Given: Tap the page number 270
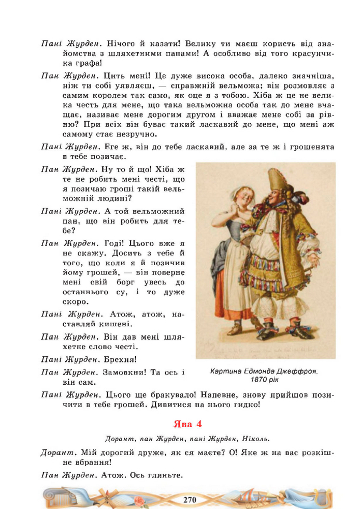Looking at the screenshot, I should click(x=189, y=500).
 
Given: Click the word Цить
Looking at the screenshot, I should click(x=113, y=76).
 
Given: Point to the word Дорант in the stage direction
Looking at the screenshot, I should click(x=120, y=439).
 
